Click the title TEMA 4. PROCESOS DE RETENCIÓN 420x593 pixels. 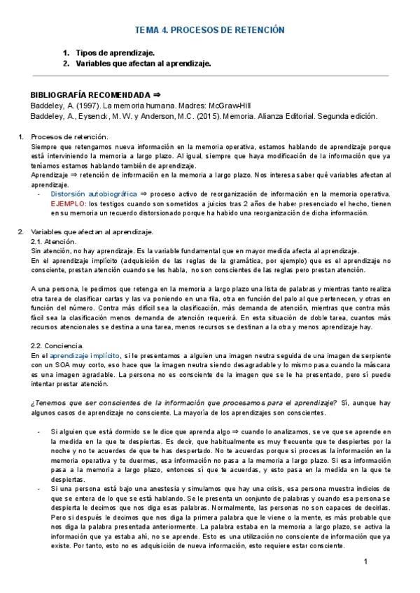coord(209,30)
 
